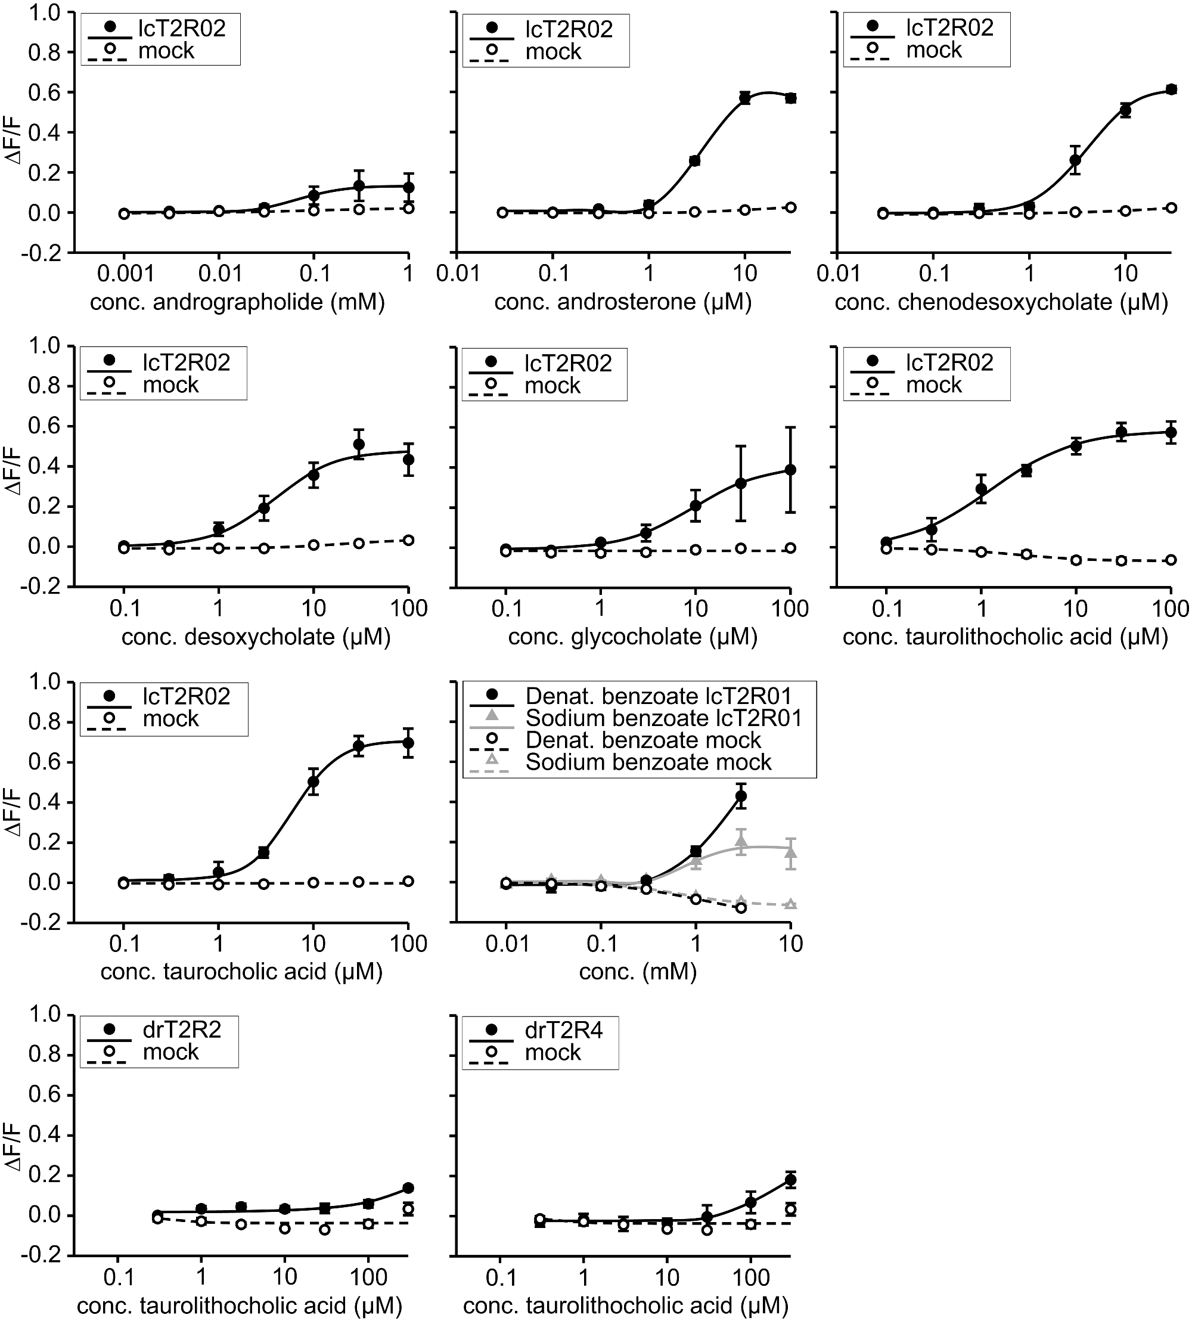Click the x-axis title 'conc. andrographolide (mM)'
click(x=237, y=302)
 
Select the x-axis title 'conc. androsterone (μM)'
click(x=623, y=302)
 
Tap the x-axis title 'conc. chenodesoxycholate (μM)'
click(x=1001, y=302)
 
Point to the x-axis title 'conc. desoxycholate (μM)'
click(x=256, y=637)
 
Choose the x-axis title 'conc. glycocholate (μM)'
click(x=633, y=637)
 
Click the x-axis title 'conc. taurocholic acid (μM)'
click(x=241, y=970)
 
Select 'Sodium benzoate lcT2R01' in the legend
click(x=663, y=718)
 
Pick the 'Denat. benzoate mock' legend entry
click(x=643, y=740)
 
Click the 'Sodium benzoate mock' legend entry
click(x=648, y=762)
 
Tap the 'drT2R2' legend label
click(x=182, y=1030)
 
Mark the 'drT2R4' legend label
click(x=564, y=1031)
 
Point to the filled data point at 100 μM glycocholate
click(x=790, y=470)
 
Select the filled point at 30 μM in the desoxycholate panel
click(x=358, y=445)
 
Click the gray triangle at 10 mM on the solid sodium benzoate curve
click(x=790, y=852)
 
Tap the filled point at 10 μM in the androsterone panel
click(x=744, y=98)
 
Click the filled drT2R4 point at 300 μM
click(x=790, y=1180)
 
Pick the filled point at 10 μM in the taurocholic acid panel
click(x=313, y=782)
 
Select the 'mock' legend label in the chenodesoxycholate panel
click(x=934, y=49)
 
